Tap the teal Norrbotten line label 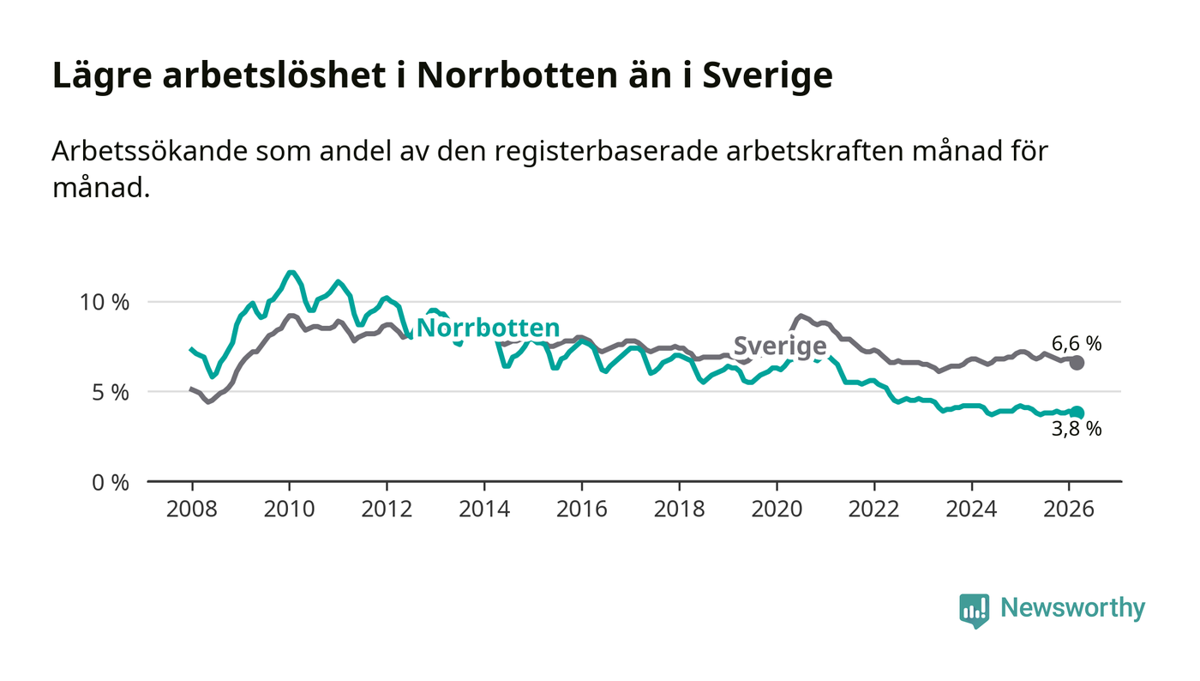[x=488, y=328]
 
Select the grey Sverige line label [x=780, y=347]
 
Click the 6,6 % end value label [x=1077, y=344]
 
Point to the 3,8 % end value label [x=1077, y=429]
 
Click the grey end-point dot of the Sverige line [x=1077, y=363]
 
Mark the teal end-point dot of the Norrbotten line [x=1077, y=413]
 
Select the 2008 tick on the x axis [x=191, y=509]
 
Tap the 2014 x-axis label [x=484, y=509]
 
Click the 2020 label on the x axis [x=777, y=509]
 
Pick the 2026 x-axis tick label [x=1069, y=509]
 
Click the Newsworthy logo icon [x=974, y=610]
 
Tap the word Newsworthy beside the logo [x=1072, y=608]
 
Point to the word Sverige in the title [x=767, y=75]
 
